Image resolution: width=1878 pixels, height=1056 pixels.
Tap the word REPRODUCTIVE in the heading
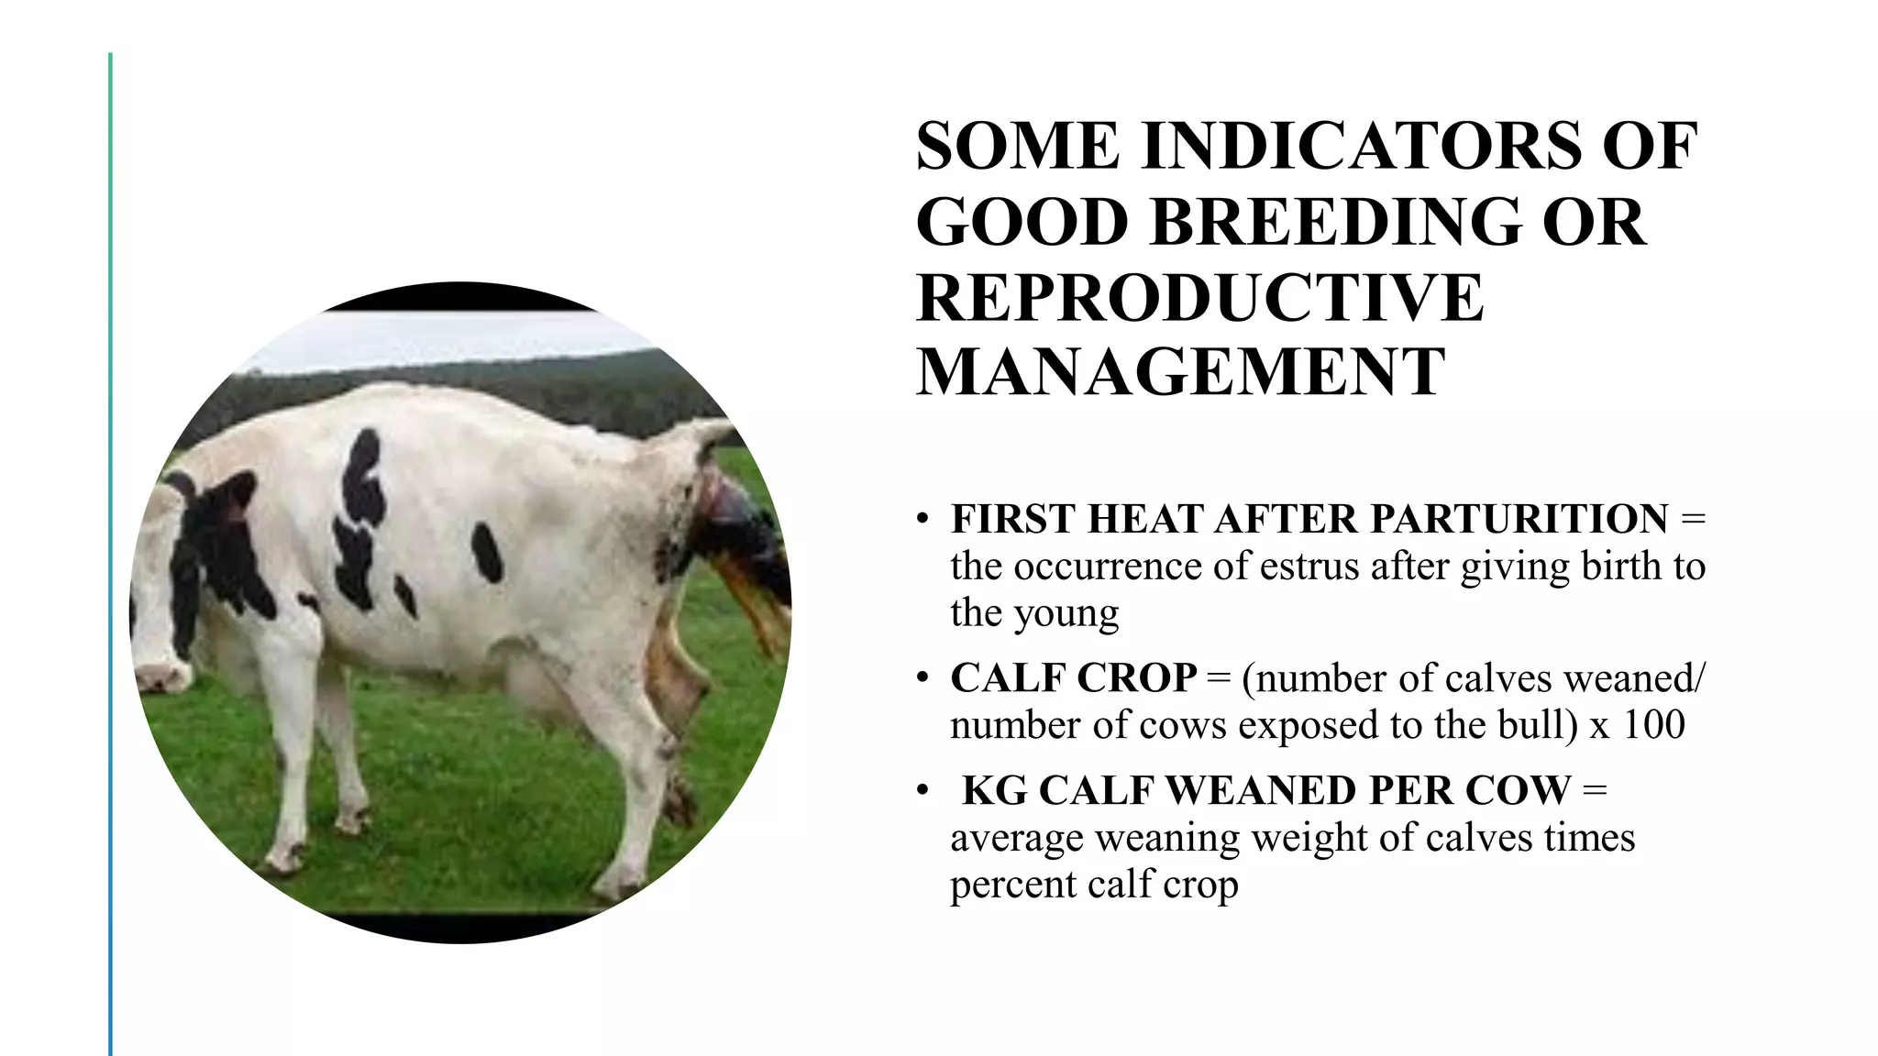tap(1199, 298)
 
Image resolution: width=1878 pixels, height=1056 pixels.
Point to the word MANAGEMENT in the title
tap(1180, 372)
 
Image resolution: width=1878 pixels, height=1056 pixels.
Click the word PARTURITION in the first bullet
tap(1519, 519)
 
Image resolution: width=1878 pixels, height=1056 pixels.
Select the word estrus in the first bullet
tap(1310, 566)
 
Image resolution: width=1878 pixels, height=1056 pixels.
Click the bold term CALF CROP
tap(1073, 678)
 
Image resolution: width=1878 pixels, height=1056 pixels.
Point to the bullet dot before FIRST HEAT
tap(922, 520)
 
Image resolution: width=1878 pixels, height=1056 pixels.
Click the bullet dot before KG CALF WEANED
tap(922, 791)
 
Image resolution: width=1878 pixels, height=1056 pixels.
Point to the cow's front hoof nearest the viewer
tap(284, 857)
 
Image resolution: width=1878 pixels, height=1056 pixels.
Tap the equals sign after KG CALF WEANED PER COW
tap(1595, 790)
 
